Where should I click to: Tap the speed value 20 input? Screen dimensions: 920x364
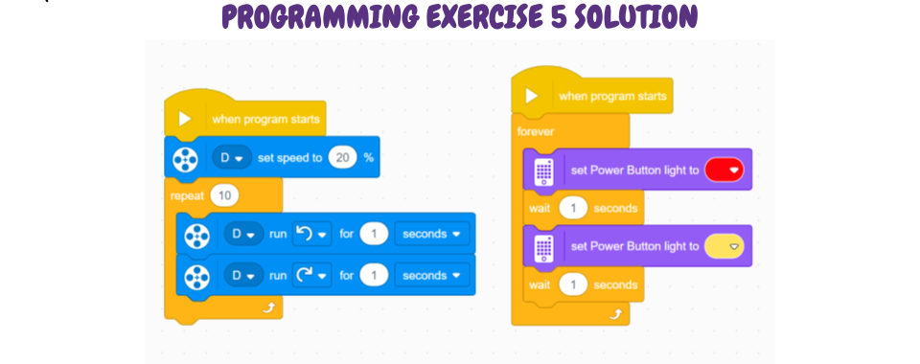pyautogui.click(x=343, y=158)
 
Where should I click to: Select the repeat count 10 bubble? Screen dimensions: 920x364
pyautogui.click(x=224, y=195)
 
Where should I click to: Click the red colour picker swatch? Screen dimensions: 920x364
pyautogui.click(x=724, y=170)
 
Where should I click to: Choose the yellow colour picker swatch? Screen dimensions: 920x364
pyautogui.click(x=724, y=247)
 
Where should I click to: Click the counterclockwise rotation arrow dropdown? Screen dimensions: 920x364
pyautogui.click(x=312, y=234)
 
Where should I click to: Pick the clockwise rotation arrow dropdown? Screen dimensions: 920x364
pyautogui.click(x=312, y=276)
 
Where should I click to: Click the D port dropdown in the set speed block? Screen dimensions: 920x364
pyautogui.click(x=232, y=158)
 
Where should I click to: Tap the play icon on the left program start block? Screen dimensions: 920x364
pyautogui.click(x=185, y=119)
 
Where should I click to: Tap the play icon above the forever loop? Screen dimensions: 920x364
pyautogui.click(x=532, y=96)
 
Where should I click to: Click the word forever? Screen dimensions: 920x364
pyautogui.click(x=535, y=131)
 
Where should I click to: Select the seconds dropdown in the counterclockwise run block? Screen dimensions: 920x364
pyautogui.click(x=432, y=234)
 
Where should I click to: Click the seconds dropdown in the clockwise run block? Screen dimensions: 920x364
pyautogui.click(x=432, y=276)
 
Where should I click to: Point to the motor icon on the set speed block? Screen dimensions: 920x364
pyautogui.click(x=185, y=159)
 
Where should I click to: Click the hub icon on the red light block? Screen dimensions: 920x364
pyautogui.click(x=543, y=171)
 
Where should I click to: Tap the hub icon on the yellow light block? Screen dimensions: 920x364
pyautogui.click(x=543, y=247)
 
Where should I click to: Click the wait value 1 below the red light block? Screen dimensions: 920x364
pyautogui.click(x=573, y=208)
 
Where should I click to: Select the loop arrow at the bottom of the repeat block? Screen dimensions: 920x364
pyautogui.click(x=268, y=307)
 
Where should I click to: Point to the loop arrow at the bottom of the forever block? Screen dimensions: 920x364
pyautogui.click(x=615, y=314)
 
